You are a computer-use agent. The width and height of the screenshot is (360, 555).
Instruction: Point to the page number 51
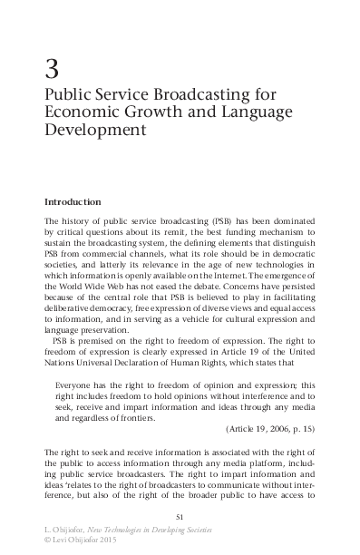[x=180, y=517]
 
